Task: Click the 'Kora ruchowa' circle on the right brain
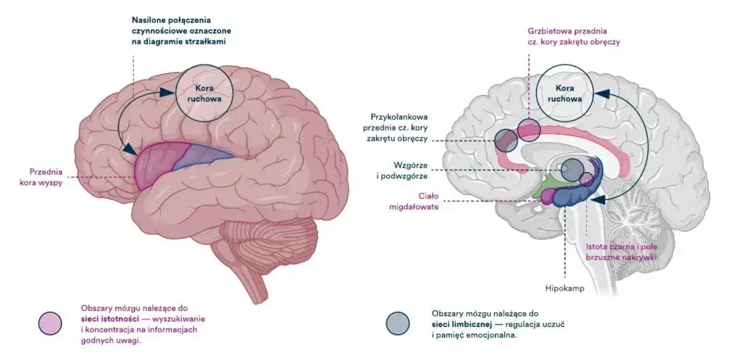coord(564,92)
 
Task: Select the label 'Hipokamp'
coord(565,288)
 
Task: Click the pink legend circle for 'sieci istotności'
coord(51,322)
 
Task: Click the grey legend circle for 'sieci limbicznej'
coord(398,322)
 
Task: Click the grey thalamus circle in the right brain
coord(572,170)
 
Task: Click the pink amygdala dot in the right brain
coord(546,197)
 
